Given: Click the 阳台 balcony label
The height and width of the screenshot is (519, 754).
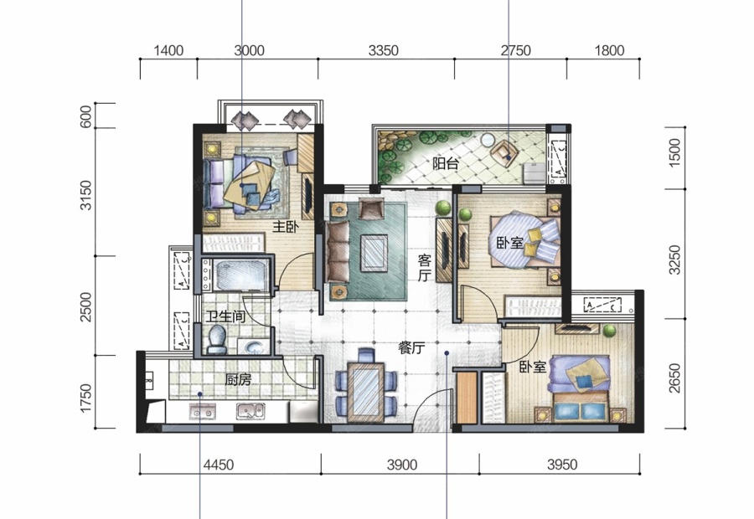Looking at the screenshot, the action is pos(446,164).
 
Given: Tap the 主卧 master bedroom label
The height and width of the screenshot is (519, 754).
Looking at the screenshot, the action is pos(286,226).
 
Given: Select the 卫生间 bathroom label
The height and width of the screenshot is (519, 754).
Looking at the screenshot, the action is pos(225,316).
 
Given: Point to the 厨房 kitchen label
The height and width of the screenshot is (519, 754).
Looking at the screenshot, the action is pos(238,380).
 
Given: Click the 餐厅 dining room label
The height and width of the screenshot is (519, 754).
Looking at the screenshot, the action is pos(411,348).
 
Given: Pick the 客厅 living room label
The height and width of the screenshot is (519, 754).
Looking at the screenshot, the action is pos(424,268).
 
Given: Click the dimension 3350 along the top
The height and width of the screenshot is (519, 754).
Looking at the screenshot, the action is pos(383,50).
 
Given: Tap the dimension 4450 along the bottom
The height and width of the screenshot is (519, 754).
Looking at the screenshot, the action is pos(219,465).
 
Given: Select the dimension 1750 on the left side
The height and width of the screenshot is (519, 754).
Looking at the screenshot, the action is pos(85,398).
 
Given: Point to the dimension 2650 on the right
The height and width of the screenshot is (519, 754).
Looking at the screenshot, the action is pos(675,378).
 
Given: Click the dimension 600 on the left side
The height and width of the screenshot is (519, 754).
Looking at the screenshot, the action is pos(85,116).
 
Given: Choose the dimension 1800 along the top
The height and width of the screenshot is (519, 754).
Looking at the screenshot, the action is pos(609,50).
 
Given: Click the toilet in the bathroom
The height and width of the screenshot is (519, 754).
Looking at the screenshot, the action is pos(216,338).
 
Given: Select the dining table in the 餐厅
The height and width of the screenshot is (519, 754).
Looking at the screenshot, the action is pos(366,391).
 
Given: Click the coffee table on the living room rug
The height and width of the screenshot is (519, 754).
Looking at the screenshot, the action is pos(374,252).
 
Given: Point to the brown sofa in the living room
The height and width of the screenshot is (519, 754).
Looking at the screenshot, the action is pos(338,252).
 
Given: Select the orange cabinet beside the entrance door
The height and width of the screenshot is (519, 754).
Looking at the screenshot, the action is pos(467,397).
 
